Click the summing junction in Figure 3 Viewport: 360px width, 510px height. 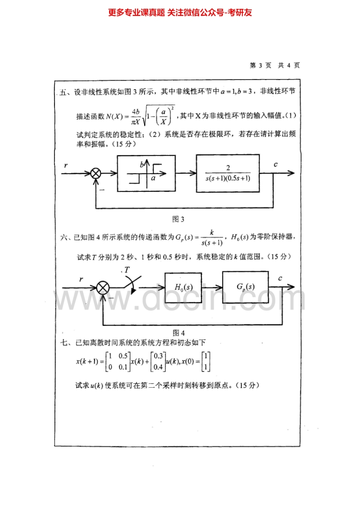click(96, 174)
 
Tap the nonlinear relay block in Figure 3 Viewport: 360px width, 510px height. click(146, 173)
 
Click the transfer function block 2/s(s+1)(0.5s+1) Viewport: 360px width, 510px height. click(228, 173)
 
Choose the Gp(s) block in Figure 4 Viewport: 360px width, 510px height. click(246, 287)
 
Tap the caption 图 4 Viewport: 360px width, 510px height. click(179, 332)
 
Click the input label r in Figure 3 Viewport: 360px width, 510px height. click(66, 165)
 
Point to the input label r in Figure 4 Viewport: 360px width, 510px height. click(81, 279)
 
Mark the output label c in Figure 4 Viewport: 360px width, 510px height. click(280, 278)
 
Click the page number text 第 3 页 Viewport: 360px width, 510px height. click(261, 65)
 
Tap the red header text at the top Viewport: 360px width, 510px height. click(180, 13)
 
